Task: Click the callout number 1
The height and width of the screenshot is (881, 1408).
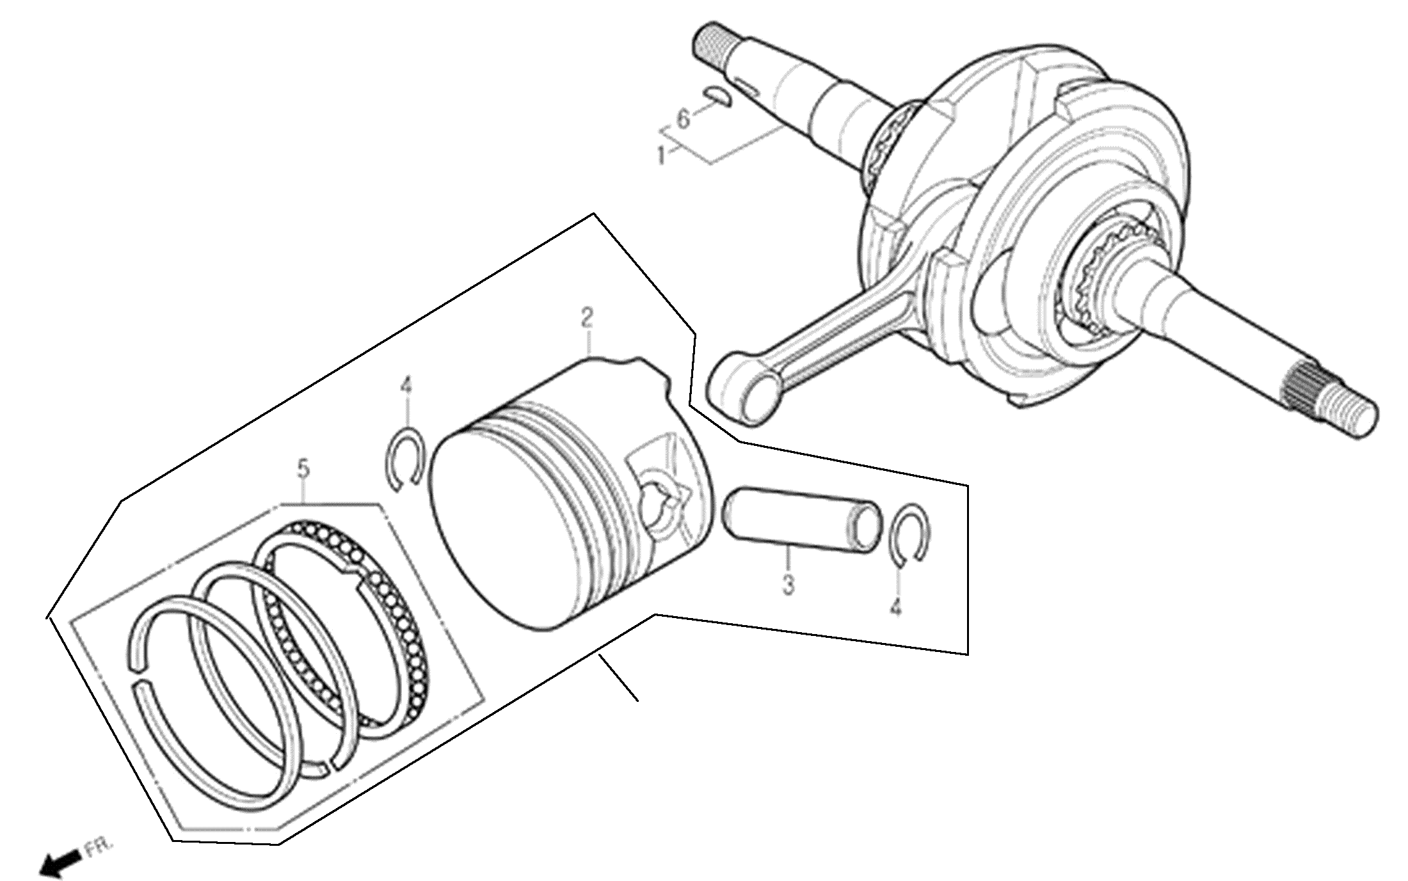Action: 662,154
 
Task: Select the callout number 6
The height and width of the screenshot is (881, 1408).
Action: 684,119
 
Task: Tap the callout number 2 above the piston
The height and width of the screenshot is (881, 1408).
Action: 586,318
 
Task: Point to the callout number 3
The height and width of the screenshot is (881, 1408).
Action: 788,584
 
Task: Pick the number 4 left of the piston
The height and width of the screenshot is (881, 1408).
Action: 406,386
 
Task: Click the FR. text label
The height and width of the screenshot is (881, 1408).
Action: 100,847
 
